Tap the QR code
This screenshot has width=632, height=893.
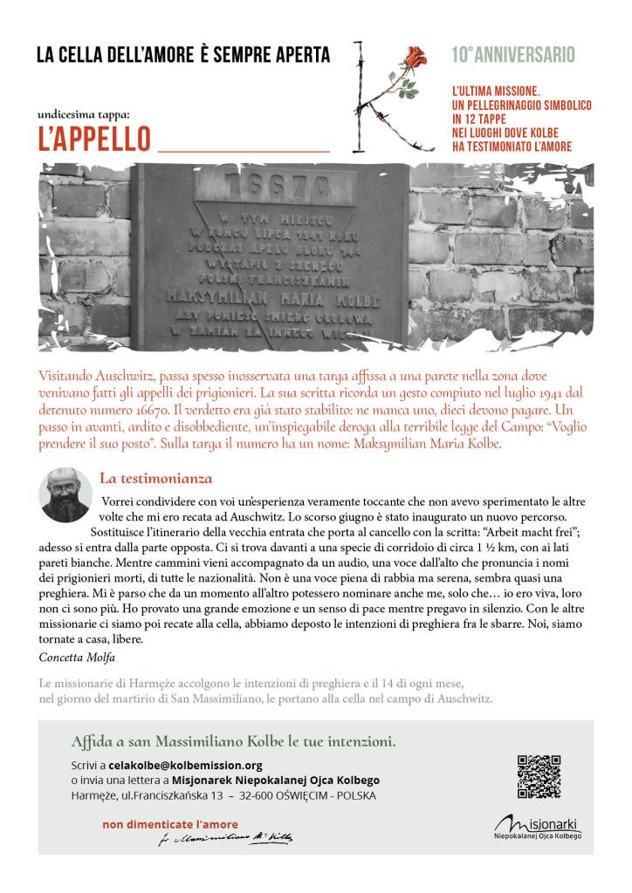click(x=538, y=775)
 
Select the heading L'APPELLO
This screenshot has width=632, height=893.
click(x=94, y=140)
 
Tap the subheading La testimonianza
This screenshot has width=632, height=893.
click(x=155, y=478)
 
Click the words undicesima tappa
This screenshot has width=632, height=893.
click(x=84, y=114)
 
